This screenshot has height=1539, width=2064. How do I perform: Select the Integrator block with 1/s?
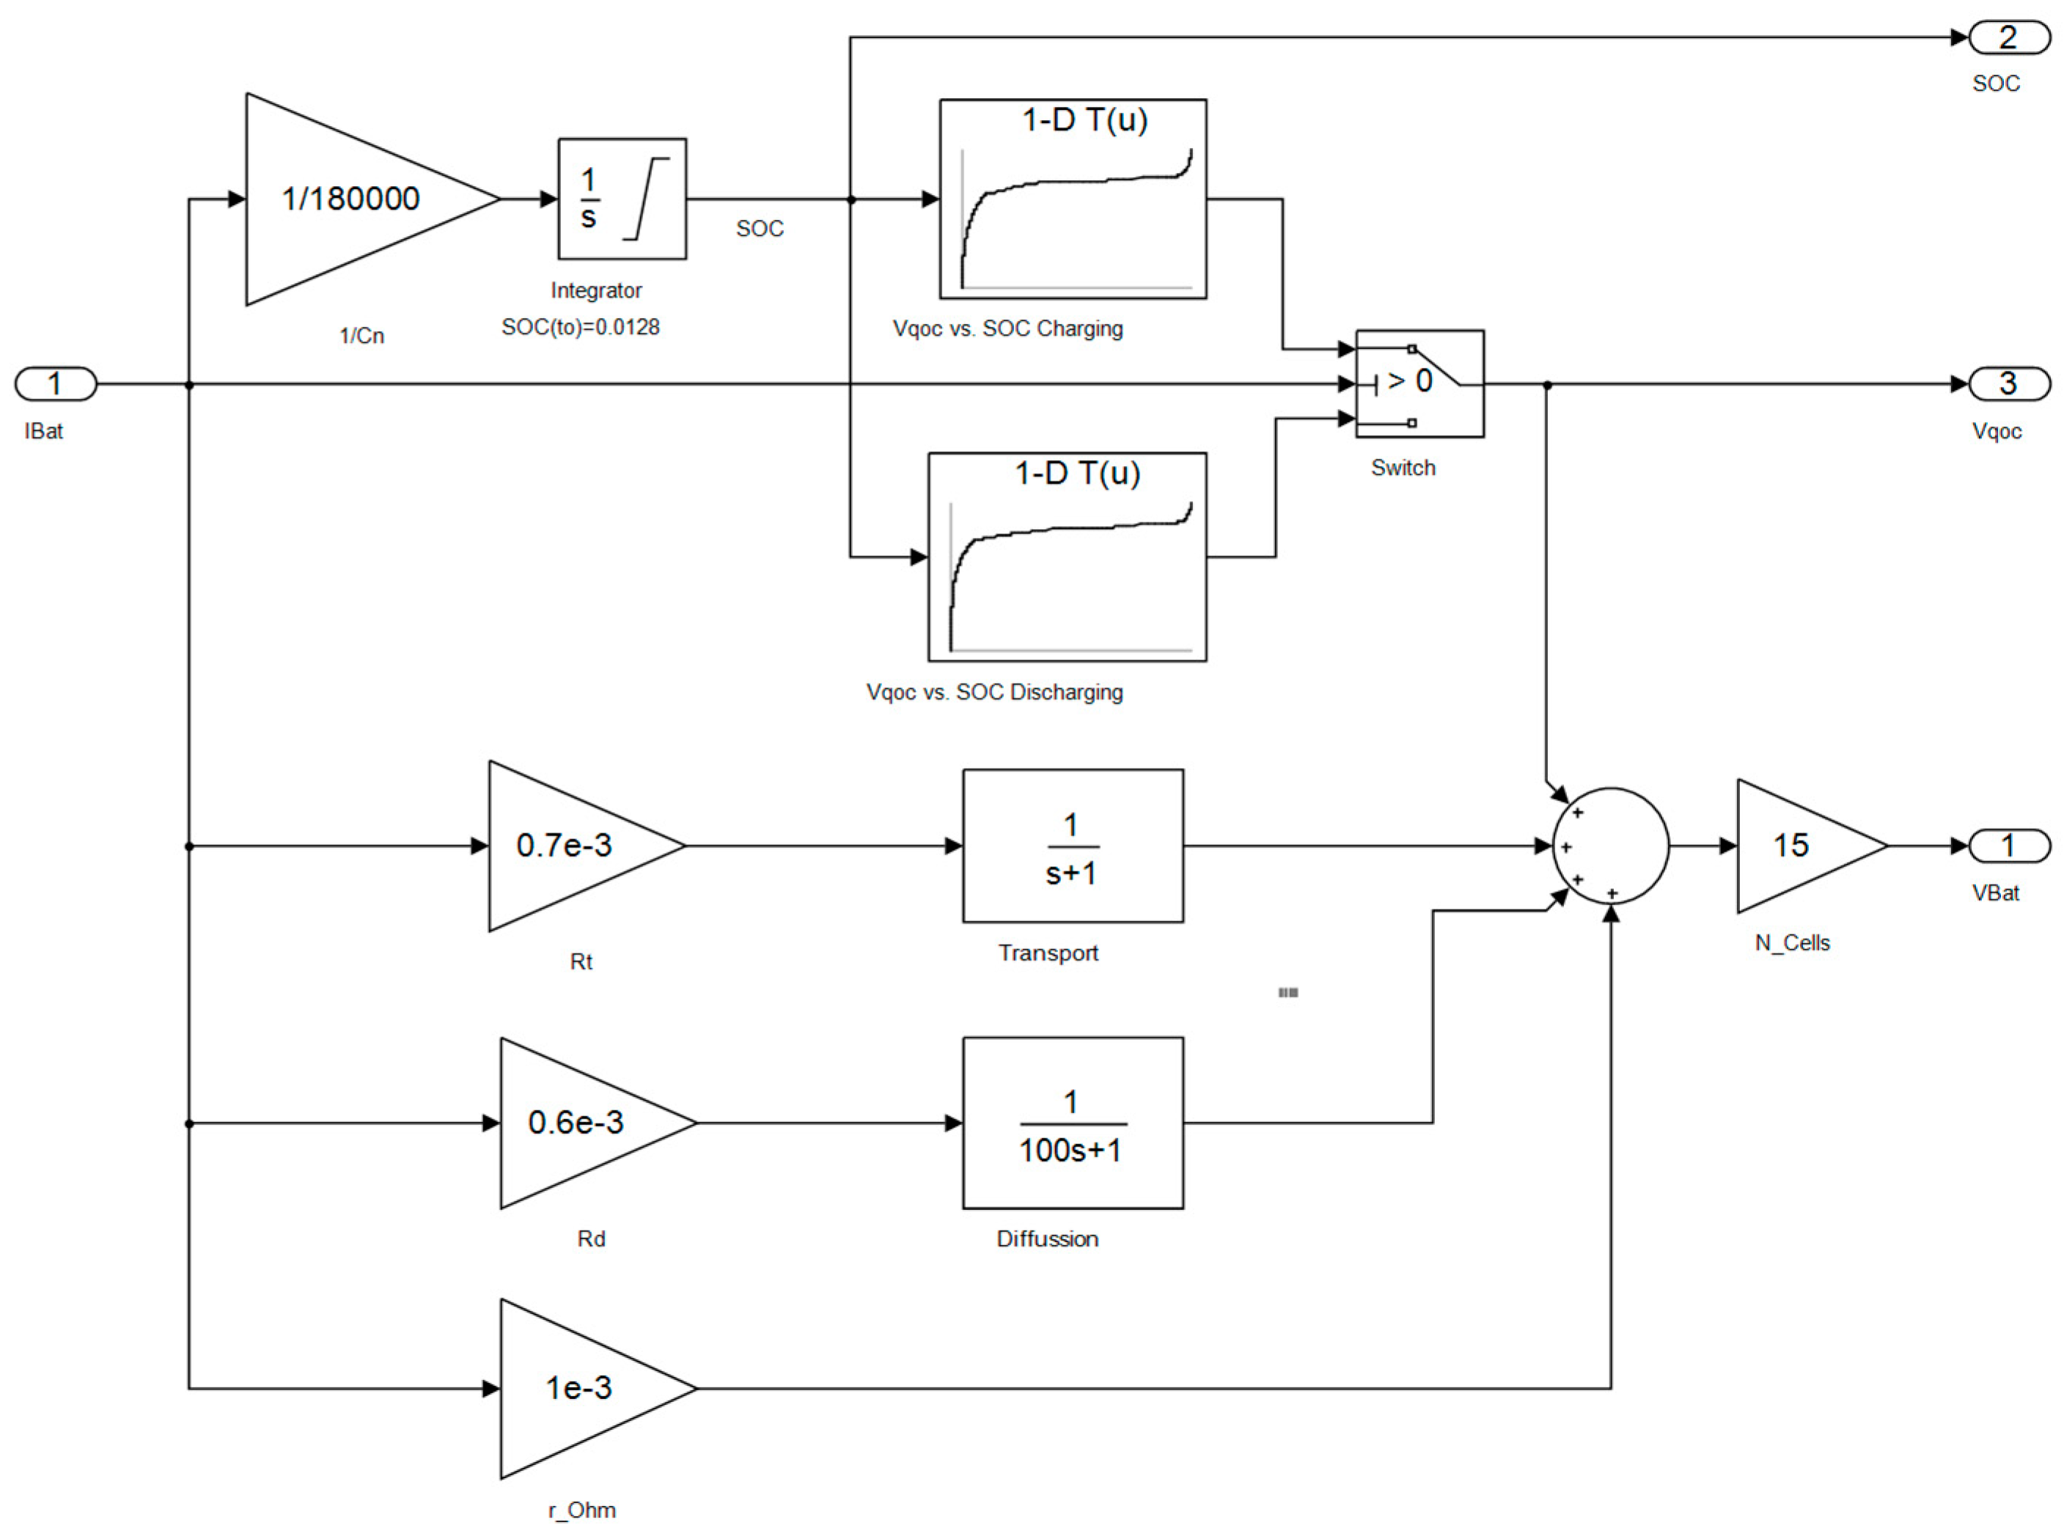coord(622,199)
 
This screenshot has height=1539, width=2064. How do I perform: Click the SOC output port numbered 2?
coord(2008,38)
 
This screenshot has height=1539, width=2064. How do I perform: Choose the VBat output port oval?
coord(2008,845)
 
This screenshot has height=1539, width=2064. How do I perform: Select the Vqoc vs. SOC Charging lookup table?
coord(1073,199)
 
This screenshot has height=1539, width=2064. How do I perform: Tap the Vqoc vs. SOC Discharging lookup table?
coord(1066,556)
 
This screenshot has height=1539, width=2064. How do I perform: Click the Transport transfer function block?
coord(1073,845)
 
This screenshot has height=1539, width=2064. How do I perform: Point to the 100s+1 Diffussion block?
coord(1073,1123)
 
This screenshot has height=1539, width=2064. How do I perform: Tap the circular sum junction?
coord(1609,845)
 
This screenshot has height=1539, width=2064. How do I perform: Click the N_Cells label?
coord(1792,942)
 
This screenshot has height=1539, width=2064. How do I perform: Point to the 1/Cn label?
coord(361,336)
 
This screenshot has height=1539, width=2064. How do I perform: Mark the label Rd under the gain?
coord(591,1238)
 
